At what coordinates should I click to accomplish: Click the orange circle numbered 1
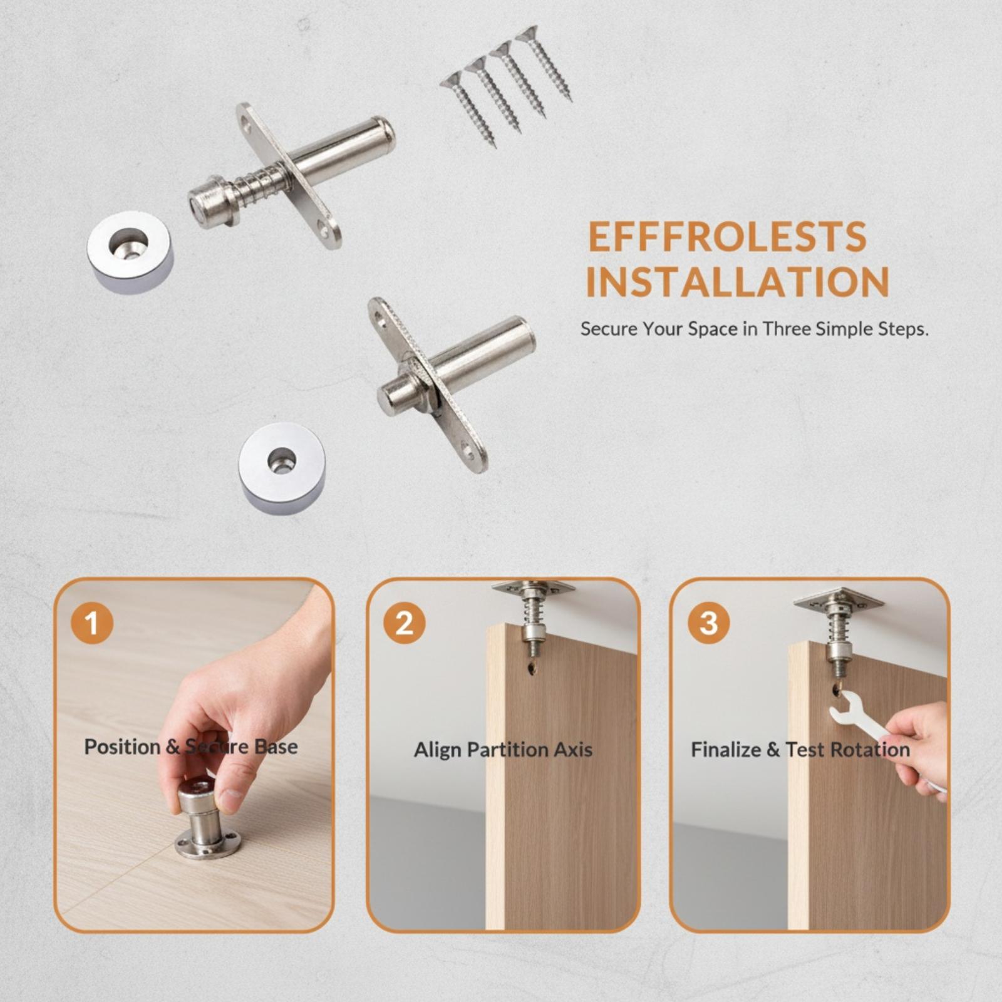(x=92, y=623)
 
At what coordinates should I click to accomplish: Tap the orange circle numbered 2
(x=405, y=623)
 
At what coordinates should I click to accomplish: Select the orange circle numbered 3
(x=709, y=623)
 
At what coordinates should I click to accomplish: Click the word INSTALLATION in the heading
(x=738, y=282)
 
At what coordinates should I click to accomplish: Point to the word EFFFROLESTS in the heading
(x=728, y=236)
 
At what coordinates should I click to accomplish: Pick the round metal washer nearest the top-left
(x=130, y=252)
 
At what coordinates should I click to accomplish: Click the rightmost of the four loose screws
(x=544, y=63)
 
